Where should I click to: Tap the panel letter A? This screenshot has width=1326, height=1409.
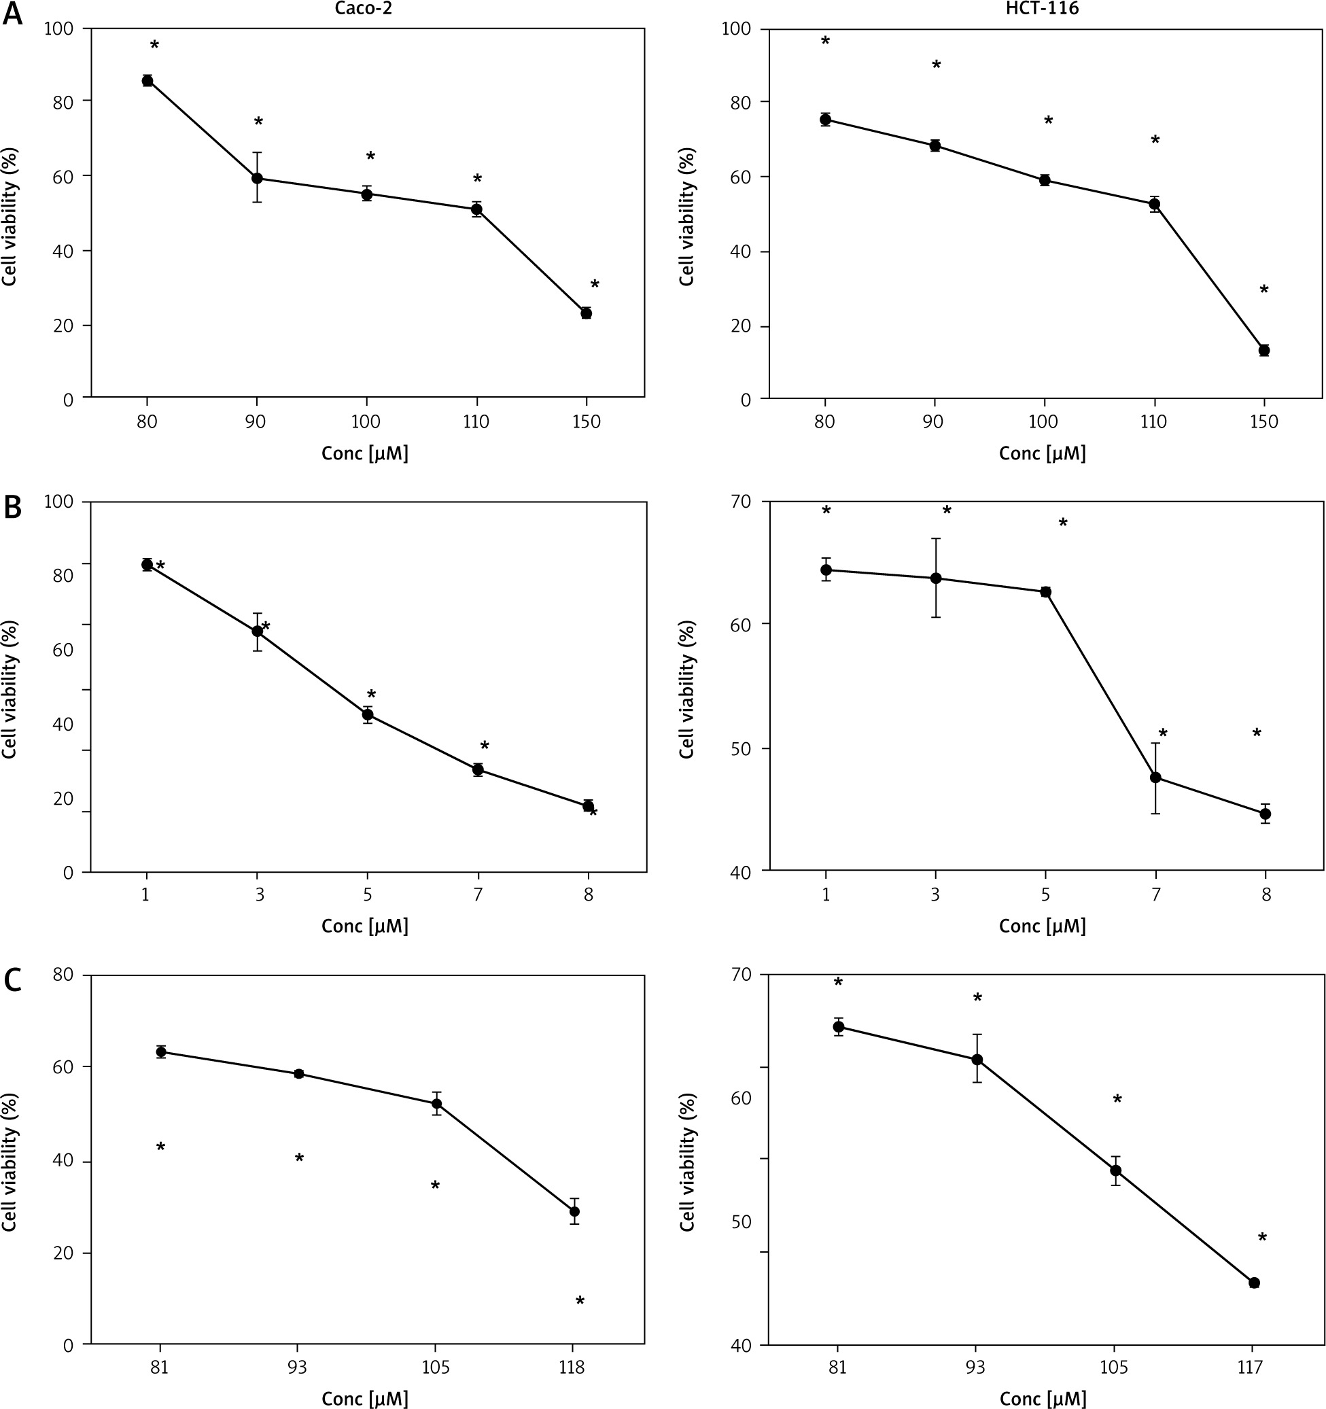[x=12, y=15]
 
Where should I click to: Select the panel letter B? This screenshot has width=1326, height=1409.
[x=12, y=508]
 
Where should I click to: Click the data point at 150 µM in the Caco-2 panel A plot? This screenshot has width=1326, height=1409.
[x=586, y=313]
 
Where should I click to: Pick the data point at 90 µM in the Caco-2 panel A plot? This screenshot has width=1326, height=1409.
[x=258, y=178]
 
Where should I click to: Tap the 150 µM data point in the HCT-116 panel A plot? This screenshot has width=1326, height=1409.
[x=1263, y=350]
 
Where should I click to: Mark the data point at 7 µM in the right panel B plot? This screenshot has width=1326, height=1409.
[x=1155, y=778]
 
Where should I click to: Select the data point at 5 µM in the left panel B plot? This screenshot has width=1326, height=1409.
[x=368, y=714]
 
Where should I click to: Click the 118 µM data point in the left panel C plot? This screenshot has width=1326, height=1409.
[x=574, y=1211]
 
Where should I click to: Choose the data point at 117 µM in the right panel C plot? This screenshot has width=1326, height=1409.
[x=1254, y=1283]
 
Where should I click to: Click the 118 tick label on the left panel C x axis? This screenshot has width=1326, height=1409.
[x=572, y=1367]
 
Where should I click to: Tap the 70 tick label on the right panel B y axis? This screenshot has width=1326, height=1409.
[x=740, y=502]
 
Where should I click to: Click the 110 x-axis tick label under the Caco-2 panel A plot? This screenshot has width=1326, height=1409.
[x=476, y=421]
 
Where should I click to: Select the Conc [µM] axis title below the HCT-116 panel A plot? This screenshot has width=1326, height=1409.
[x=1042, y=453]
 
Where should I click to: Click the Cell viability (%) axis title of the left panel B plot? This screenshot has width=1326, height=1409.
[x=10, y=689]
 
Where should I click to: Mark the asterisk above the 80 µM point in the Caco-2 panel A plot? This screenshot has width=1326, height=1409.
[x=154, y=46]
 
